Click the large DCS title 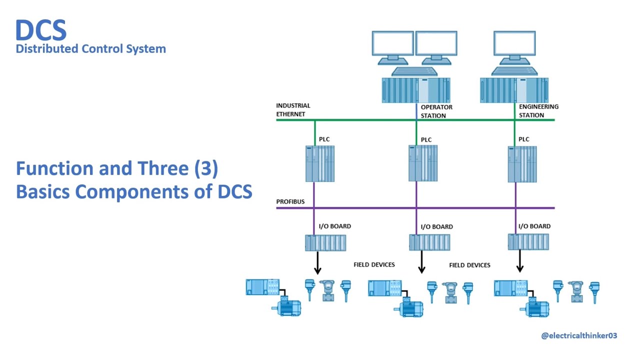[x=40, y=31]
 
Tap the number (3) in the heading [x=206, y=168]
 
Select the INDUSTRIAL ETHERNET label [x=293, y=110]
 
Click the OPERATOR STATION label [x=436, y=111]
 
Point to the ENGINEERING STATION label [x=538, y=111]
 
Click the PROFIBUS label [x=290, y=202]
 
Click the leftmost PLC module [x=320, y=163]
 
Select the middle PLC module [x=423, y=163]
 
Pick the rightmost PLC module [x=522, y=163]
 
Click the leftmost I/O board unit [x=325, y=242]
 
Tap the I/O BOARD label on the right [x=534, y=226]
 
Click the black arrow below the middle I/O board [x=421, y=262]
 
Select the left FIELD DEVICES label [x=374, y=265]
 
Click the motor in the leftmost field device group [x=286, y=307]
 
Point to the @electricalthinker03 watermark [x=579, y=335]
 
